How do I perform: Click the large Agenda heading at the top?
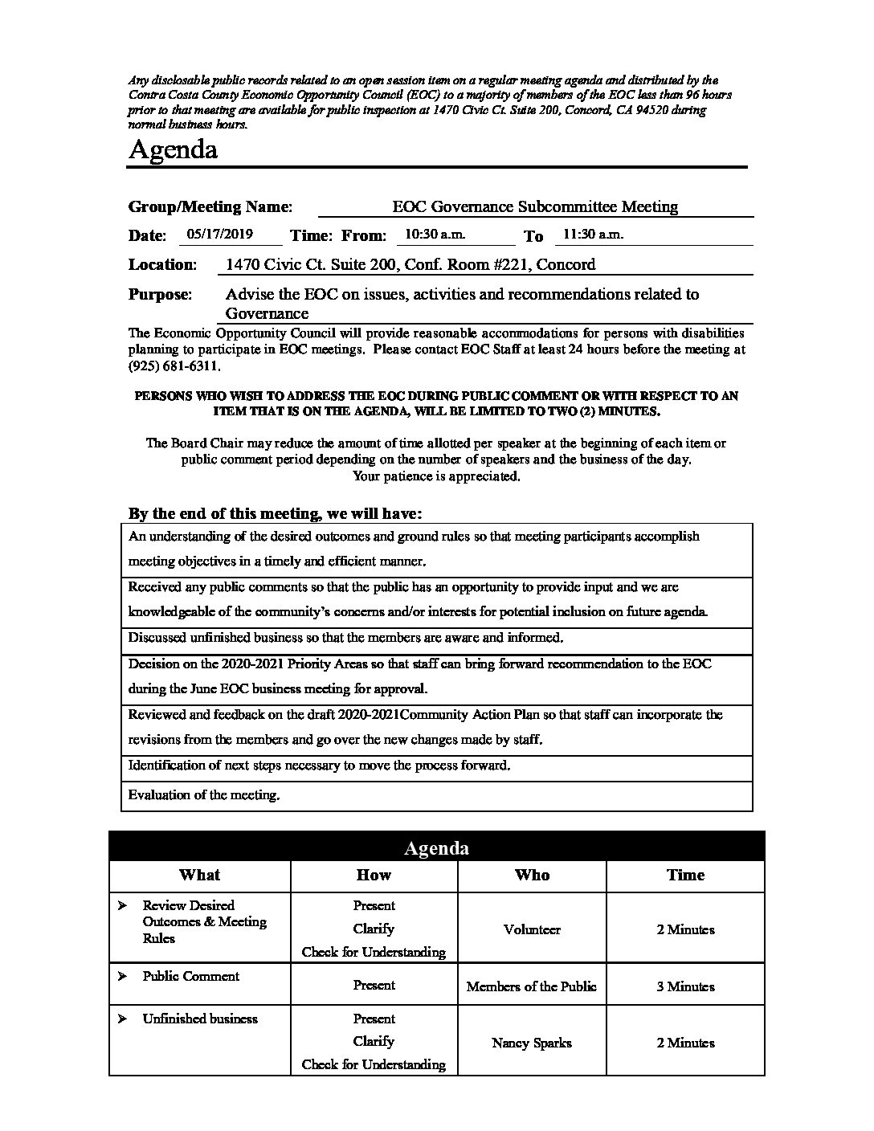pos(173,150)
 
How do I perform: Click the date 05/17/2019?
pos(219,235)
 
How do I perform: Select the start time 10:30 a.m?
pos(435,235)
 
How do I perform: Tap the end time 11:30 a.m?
pos(593,235)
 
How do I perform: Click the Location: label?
pos(162,264)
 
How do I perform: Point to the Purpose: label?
pos(160,294)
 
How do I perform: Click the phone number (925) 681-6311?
pos(172,365)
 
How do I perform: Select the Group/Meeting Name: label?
pos(210,206)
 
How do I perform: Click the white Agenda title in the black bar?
pos(436,848)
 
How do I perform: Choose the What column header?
pos(199,875)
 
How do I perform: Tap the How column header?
pos(374,875)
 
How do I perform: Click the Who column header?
pos(532,875)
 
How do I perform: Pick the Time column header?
pos(685,875)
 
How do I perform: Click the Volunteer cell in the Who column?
pos(532,929)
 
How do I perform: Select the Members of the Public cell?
pos(532,986)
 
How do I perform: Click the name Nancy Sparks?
pos(532,1043)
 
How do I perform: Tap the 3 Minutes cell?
pos(685,986)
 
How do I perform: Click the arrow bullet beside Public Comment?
pos(122,977)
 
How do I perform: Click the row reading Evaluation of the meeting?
pos(204,795)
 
